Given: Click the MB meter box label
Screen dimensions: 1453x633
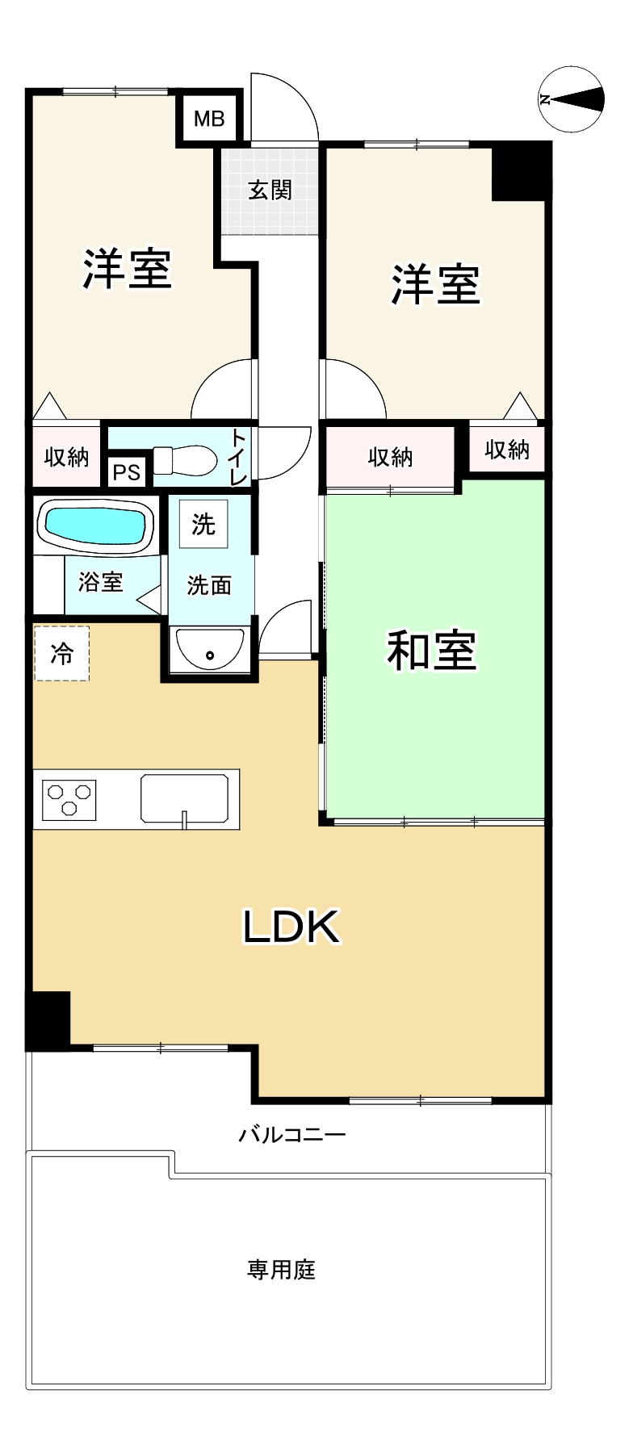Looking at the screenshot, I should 209,119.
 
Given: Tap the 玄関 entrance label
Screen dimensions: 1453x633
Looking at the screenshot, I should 270,191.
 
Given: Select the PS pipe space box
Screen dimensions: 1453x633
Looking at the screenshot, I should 127,471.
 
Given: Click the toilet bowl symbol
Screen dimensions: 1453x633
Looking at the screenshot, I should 186,461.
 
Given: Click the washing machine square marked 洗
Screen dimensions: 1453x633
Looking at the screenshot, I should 203,524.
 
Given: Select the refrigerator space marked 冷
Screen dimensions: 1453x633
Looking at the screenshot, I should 61,653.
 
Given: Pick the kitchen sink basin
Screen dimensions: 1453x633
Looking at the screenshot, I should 185,798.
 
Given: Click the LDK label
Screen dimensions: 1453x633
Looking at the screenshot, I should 291,927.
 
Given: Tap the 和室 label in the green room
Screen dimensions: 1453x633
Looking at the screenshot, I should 432,650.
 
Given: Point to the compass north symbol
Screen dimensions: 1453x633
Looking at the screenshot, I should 572,99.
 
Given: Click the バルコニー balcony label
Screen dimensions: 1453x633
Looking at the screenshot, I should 291,1135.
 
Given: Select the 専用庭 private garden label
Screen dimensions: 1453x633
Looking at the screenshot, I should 281,1270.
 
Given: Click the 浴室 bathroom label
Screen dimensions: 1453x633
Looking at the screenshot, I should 100,581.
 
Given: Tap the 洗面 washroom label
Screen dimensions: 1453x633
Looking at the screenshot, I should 209,585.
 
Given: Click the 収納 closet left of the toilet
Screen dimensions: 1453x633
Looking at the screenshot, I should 66,457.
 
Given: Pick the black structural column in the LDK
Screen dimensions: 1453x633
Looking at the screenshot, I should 48,1020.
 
